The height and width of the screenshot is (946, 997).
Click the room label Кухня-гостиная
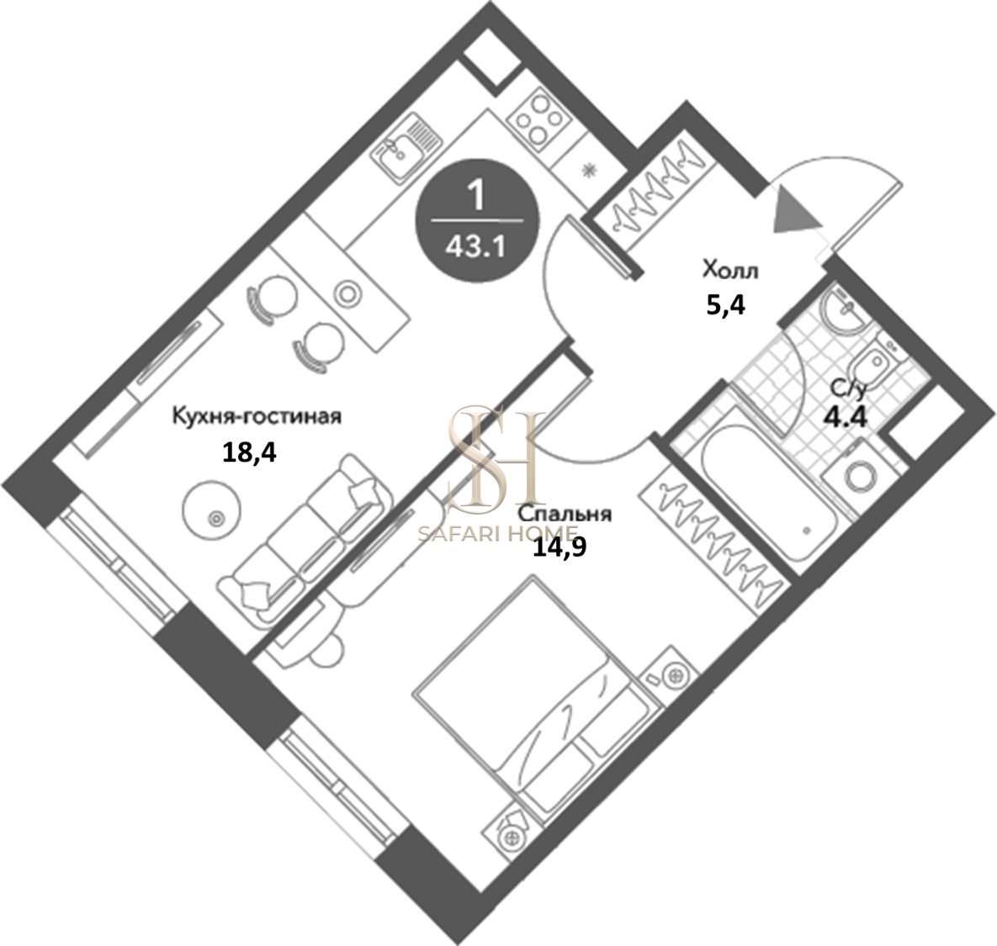pos(257,417)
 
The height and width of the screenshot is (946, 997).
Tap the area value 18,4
pos(248,453)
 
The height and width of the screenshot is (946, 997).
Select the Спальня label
pos(565,513)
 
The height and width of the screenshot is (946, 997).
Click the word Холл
pos(730,271)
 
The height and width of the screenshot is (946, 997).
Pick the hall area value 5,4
pos(725,306)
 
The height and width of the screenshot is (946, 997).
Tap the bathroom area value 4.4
pos(845,417)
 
